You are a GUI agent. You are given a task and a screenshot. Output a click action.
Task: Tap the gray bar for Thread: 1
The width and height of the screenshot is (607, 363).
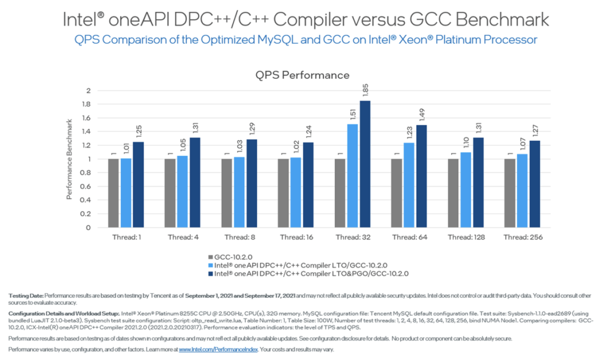click(113, 193)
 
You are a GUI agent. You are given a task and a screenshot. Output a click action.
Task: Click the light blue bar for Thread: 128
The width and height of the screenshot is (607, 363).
click(465, 189)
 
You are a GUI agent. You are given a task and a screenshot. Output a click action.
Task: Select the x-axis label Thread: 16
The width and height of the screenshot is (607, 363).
click(296, 237)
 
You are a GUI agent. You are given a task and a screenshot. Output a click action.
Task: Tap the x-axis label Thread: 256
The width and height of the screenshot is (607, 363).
click(523, 237)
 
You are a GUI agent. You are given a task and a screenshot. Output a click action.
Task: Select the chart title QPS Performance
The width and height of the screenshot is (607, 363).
click(302, 75)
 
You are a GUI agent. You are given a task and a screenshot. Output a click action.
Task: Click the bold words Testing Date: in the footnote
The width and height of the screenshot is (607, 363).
click(27, 294)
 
